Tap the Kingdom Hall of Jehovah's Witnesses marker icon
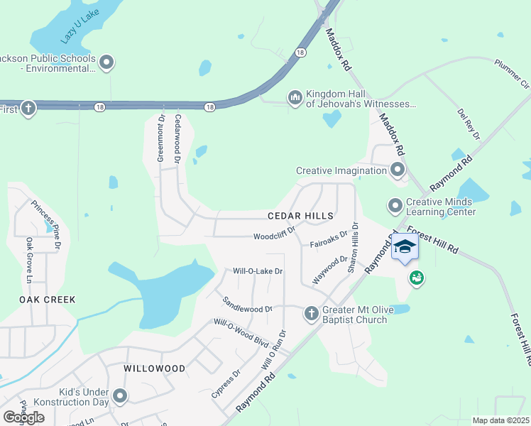coord(295,97)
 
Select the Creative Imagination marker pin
coord(397,170)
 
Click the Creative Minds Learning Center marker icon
coord(395,206)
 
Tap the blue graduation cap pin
coord(405,247)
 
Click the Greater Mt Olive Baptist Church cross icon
coord(310,313)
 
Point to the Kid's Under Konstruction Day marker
coord(120,396)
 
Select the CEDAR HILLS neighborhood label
coord(300,214)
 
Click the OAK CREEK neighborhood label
coord(47,300)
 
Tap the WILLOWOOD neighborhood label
coord(154,368)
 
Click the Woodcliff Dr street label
coord(274,237)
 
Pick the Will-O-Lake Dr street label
coord(258,271)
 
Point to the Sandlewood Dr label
coord(248,305)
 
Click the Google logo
coord(23,417)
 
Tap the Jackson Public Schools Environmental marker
coord(107,63)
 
